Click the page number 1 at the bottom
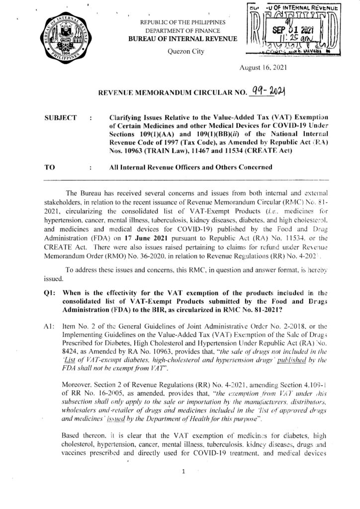[x=183, y=472]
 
